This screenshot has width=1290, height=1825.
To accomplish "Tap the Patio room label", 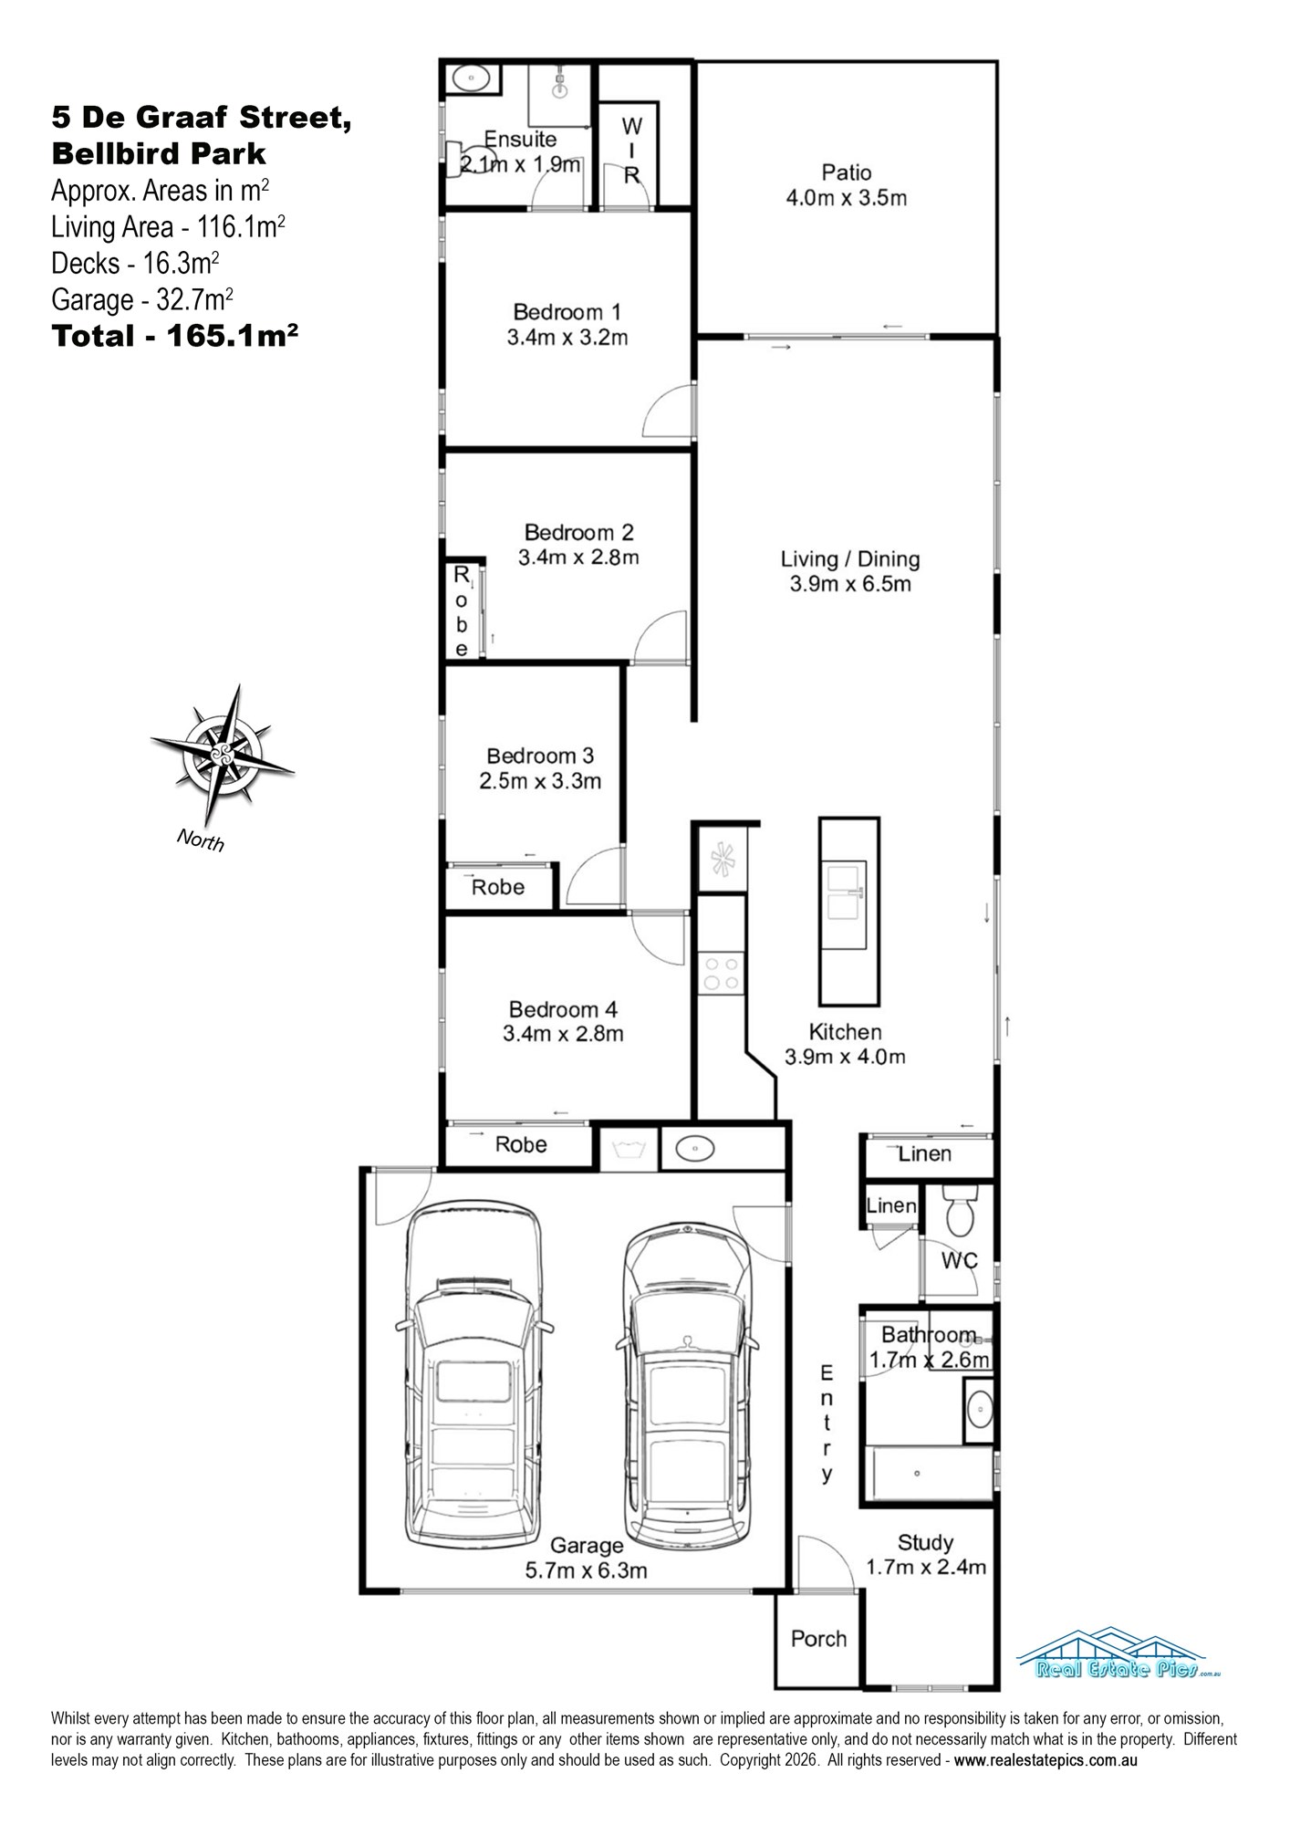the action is point(847,172).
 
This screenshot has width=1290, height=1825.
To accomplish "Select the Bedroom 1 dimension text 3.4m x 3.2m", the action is point(567,338).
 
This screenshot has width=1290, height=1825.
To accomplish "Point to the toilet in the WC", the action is point(959,1211).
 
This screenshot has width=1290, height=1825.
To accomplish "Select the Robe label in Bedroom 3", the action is point(498,887).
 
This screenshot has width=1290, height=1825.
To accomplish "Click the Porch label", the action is point(818,1639).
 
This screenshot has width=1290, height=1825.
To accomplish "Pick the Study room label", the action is point(925,1542).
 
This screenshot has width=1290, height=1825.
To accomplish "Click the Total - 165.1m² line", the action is point(175,336).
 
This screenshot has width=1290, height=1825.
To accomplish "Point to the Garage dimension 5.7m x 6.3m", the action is point(587,1570).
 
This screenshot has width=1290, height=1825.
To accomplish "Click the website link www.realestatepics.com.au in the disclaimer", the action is point(1046,1760).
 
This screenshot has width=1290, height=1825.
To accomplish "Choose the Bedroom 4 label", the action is point(563,1009).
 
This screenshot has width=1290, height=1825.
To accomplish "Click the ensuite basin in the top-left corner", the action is point(472,78).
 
